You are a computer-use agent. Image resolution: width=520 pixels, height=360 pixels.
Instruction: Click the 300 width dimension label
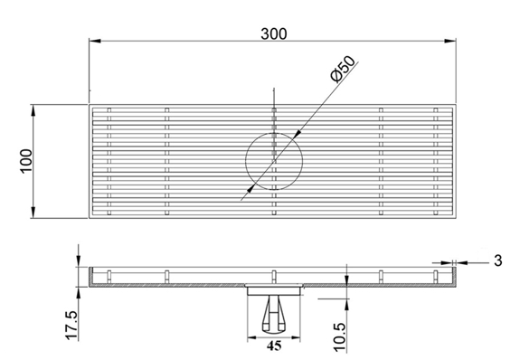274,33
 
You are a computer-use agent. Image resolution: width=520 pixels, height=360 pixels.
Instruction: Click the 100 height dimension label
26,161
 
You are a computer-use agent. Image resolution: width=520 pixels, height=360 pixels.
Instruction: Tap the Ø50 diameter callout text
343,69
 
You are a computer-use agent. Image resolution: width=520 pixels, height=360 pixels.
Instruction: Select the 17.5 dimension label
71,326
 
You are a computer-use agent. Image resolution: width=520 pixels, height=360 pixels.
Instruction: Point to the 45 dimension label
274,346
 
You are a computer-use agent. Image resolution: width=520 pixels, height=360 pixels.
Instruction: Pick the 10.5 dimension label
340,337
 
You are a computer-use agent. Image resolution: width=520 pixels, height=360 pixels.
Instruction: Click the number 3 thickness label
497,261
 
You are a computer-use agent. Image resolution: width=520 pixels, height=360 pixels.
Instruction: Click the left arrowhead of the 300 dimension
95,41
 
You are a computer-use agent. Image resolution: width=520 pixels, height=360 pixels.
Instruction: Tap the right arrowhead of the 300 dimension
449,41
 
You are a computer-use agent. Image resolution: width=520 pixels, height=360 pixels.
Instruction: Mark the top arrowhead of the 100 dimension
33,110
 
